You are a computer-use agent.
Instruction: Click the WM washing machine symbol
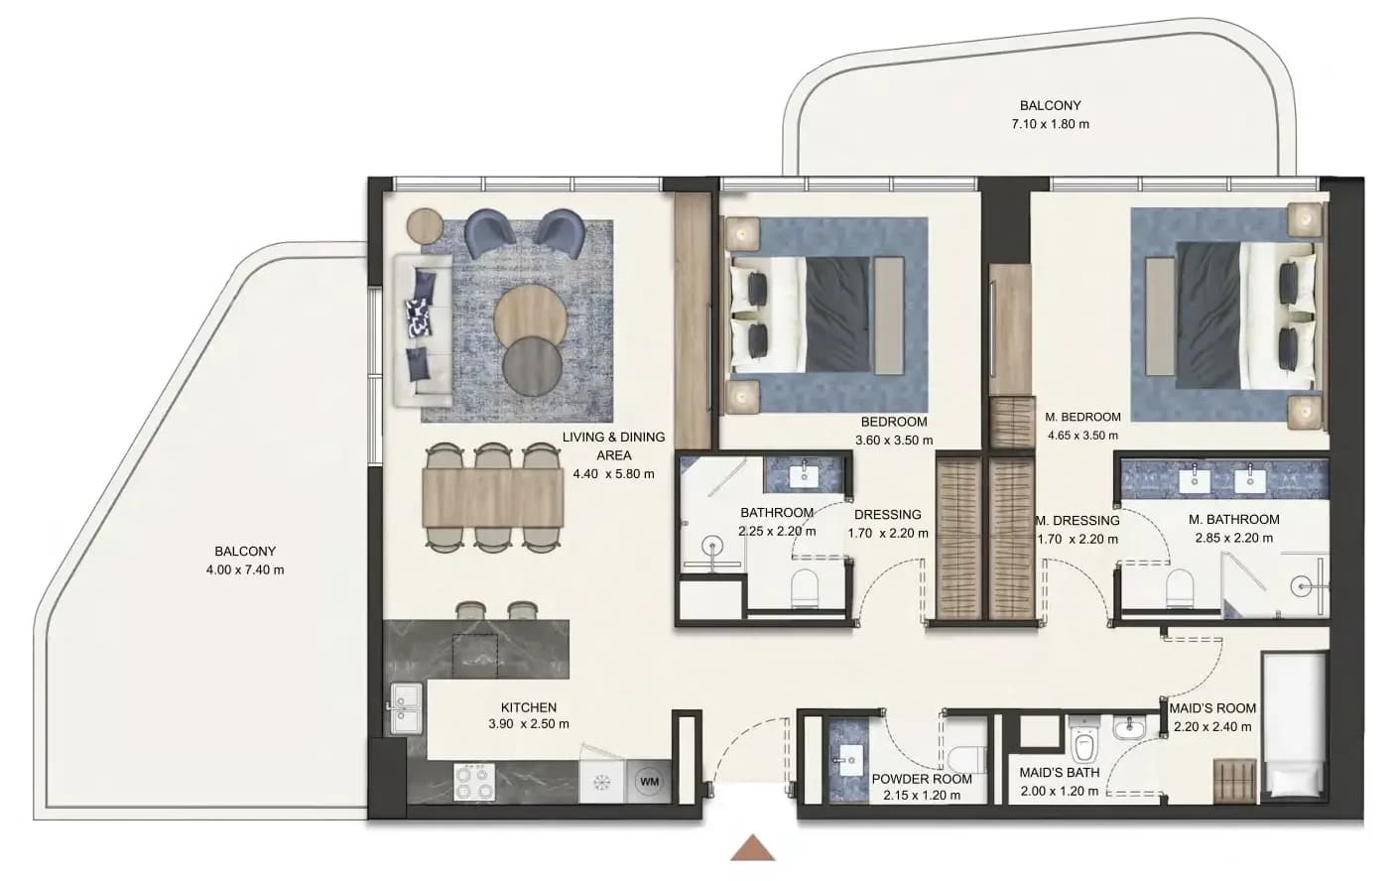coord(649,781)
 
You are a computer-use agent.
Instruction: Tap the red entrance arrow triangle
coord(753,848)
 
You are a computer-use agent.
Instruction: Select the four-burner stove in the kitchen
coord(473,782)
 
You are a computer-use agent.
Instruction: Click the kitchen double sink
coord(406,707)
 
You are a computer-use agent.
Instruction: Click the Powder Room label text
coord(922,779)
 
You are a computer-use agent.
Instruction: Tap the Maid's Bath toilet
coord(1085,742)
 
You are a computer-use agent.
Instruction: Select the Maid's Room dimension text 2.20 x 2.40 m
coord(1212,727)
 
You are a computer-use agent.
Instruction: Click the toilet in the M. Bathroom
coord(1180,586)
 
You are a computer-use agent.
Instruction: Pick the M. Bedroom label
coord(1082,417)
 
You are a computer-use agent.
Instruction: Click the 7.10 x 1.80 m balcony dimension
coord(1051,124)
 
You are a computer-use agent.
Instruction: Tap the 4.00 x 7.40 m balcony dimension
coord(245,569)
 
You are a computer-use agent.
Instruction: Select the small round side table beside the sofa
coord(425,224)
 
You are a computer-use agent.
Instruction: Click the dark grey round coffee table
coord(532,367)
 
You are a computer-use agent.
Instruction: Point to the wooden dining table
coord(493,497)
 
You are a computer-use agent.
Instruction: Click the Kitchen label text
coord(529,707)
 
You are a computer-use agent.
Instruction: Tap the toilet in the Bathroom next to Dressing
coord(804,588)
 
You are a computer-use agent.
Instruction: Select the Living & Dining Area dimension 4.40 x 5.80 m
coord(614,474)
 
